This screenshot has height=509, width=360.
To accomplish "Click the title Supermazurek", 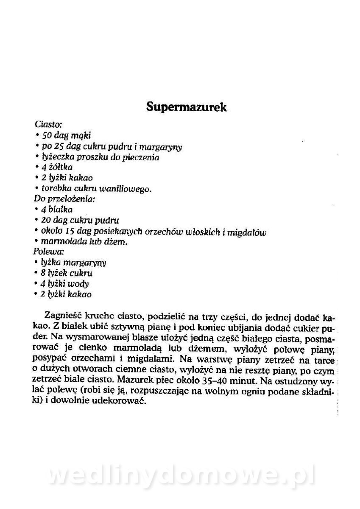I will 187,107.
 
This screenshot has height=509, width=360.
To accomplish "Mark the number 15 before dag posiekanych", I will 70,231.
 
